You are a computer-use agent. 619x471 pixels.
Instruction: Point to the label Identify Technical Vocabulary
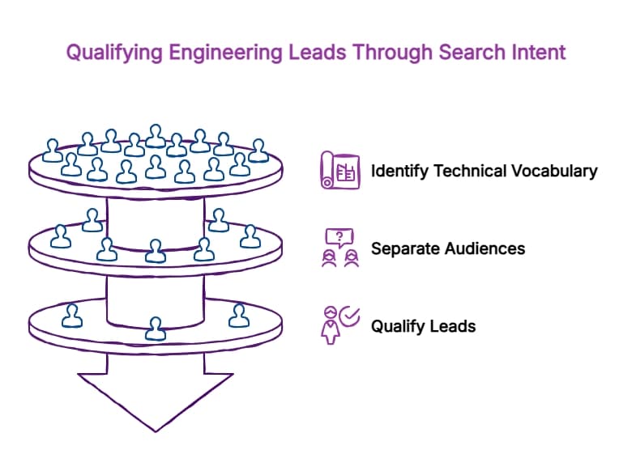pyautogui.click(x=484, y=172)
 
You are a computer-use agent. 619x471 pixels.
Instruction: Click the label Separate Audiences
pyautogui.click(x=447, y=248)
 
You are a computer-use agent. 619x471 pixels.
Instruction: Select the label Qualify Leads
pyautogui.click(x=423, y=327)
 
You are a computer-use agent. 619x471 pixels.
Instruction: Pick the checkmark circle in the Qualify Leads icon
pyautogui.click(x=349, y=316)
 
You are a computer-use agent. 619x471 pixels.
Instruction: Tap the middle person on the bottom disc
pyautogui.click(x=155, y=328)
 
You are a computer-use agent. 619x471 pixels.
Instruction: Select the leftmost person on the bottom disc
pyautogui.click(x=73, y=315)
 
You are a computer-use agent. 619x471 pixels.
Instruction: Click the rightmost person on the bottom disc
pyautogui.click(x=238, y=314)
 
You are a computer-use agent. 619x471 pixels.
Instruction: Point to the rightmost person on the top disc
pyautogui.click(x=258, y=150)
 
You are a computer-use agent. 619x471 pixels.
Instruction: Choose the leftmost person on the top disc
pyautogui.click(x=53, y=151)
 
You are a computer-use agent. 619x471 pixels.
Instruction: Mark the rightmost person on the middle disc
pyautogui.click(x=249, y=236)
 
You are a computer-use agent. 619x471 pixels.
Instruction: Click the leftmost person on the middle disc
pyautogui.click(x=61, y=236)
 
